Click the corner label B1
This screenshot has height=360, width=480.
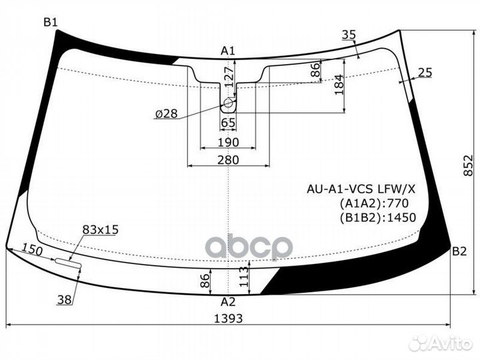[51, 22]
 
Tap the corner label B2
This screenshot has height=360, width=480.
[459, 251]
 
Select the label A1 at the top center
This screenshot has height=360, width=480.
[228, 51]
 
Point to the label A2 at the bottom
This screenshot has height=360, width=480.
[228, 301]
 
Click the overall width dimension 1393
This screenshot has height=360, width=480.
[229, 318]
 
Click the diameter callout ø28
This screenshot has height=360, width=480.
[166, 114]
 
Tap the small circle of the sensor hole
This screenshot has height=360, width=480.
[229, 103]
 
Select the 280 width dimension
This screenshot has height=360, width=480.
[228, 160]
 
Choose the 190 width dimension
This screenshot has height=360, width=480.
[228, 142]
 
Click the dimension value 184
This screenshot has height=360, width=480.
[339, 84]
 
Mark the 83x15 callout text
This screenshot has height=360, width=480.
[100, 229]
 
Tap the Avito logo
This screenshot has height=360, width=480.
[441, 343]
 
